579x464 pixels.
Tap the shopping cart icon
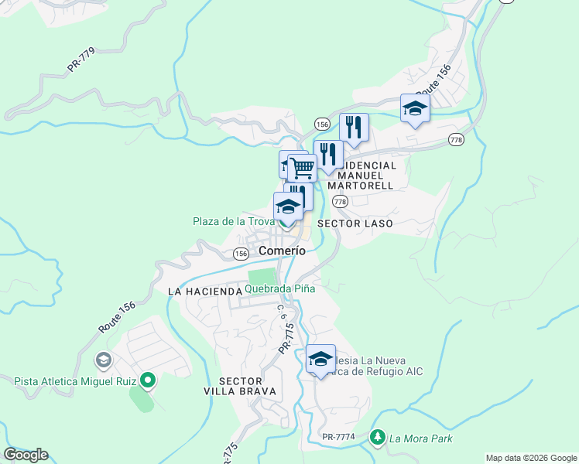pyautogui.click(x=302, y=167)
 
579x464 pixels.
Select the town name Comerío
pyautogui.click(x=282, y=251)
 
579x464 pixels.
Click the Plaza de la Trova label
pyautogui.click(x=233, y=222)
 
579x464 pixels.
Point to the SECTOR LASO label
pyautogui.click(x=356, y=223)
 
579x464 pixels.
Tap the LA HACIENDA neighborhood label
pyautogui.click(x=205, y=292)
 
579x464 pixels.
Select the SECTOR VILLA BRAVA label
pyautogui.click(x=247, y=387)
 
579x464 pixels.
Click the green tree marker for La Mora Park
pyautogui.click(x=378, y=438)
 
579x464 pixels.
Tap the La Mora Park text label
pyautogui.click(x=420, y=438)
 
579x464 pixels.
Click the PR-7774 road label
pyautogui.click(x=338, y=437)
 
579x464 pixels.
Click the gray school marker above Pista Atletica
pyautogui.click(x=103, y=360)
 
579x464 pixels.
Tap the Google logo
pyautogui.click(x=26, y=455)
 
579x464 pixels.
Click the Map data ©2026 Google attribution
pyautogui.click(x=530, y=458)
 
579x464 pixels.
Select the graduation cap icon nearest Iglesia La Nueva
pyautogui.click(x=320, y=359)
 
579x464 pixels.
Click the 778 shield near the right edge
pyautogui.click(x=456, y=139)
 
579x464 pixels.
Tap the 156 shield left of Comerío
pyautogui.click(x=241, y=254)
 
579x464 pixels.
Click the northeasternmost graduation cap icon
pyautogui.click(x=415, y=108)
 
